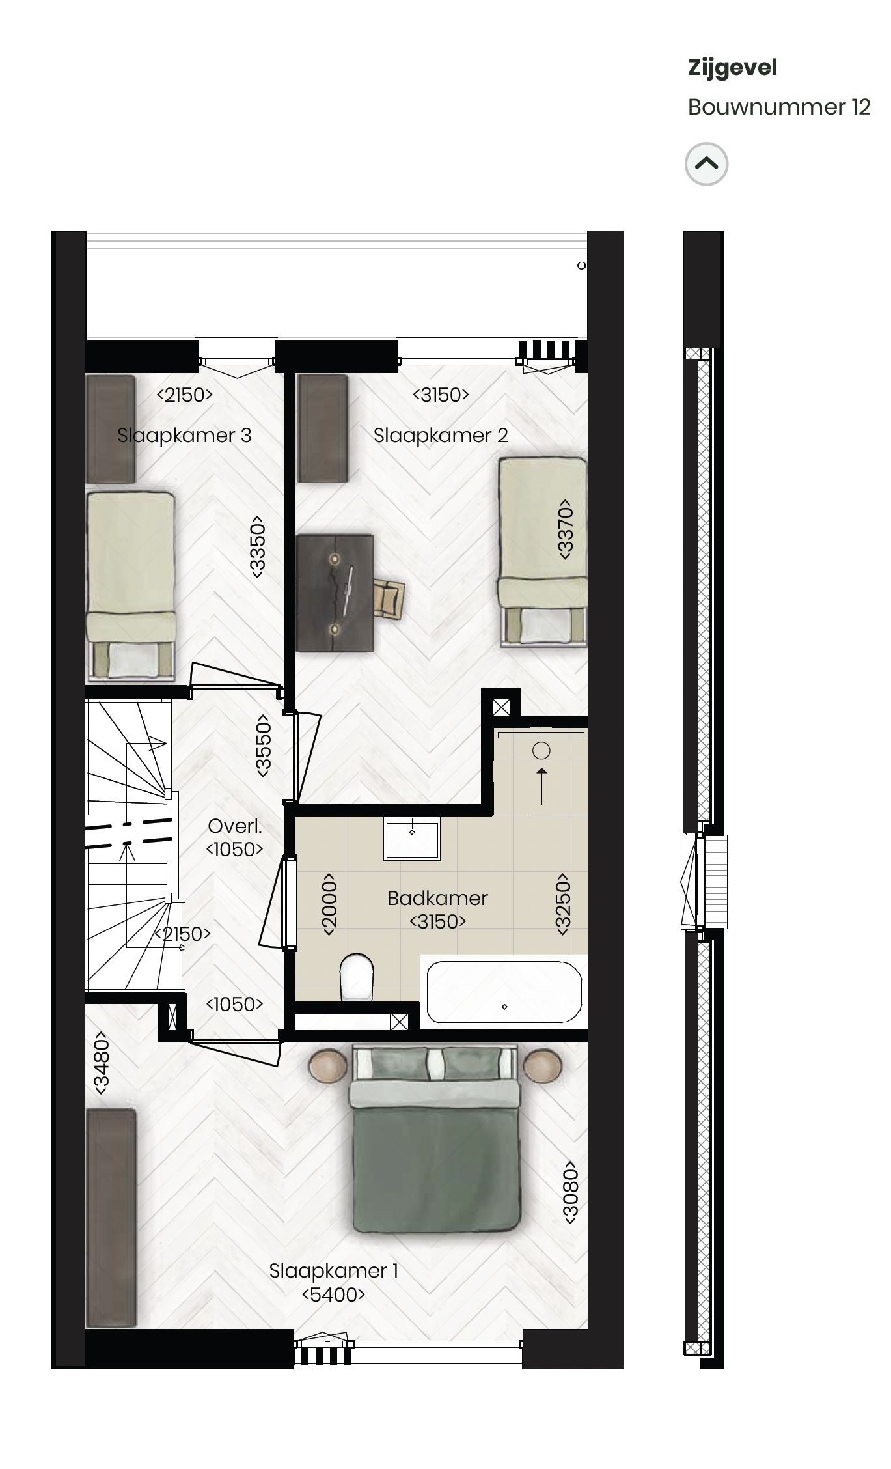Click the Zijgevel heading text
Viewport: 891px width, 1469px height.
click(x=732, y=68)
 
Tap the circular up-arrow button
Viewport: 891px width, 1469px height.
click(x=706, y=163)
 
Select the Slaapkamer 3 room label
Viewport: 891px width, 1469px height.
click(x=184, y=436)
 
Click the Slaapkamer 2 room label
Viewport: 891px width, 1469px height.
click(x=441, y=436)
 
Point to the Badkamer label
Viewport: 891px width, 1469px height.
click(x=437, y=898)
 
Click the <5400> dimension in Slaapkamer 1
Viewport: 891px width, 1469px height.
click(x=333, y=1312)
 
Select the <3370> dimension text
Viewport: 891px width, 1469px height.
click(x=565, y=529)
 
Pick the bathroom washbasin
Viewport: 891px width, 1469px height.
click(x=411, y=839)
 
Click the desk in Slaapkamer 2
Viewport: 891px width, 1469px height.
click(x=335, y=593)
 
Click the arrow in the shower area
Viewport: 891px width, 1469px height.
click(x=541, y=779)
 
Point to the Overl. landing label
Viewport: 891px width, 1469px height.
click(x=234, y=826)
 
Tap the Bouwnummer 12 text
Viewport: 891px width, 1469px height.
click(x=779, y=107)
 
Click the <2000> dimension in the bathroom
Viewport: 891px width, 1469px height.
click(x=329, y=904)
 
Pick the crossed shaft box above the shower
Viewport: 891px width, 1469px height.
click(x=501, y=707)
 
